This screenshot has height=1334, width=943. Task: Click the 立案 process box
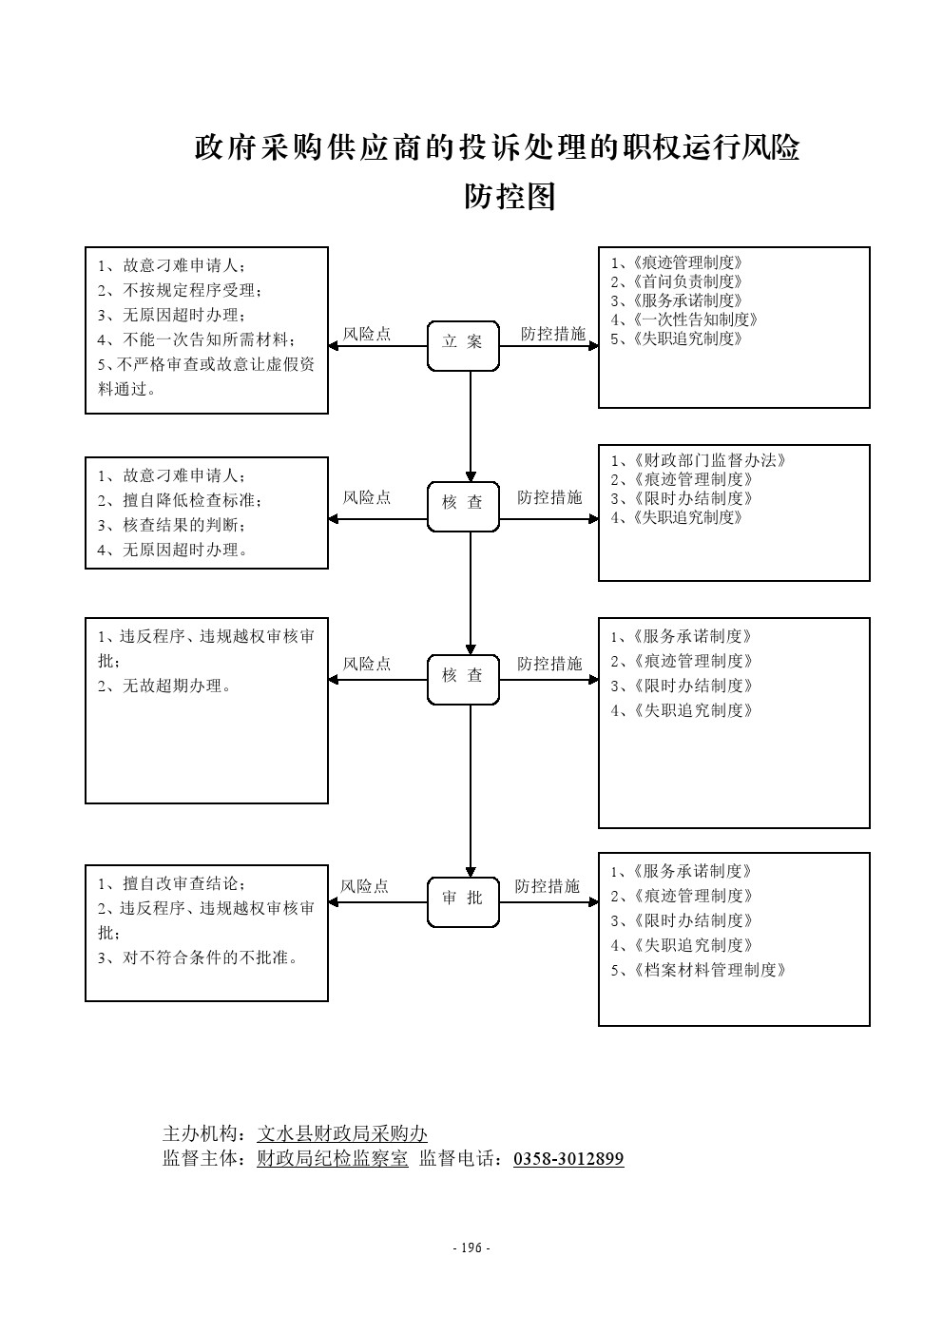[463, 345]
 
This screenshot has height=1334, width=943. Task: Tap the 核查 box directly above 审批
[463, 679]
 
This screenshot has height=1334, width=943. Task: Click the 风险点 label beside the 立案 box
[367, 334]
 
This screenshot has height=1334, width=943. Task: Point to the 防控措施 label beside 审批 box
[547, 886]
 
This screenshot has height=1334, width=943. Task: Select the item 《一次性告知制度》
[689, 319]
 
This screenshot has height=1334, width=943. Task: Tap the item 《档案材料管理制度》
[703, 970]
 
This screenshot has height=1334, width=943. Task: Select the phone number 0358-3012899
[568, 1158]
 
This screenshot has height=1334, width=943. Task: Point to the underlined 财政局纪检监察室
[333, 1158]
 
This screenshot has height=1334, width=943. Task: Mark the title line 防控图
[510, 196]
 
